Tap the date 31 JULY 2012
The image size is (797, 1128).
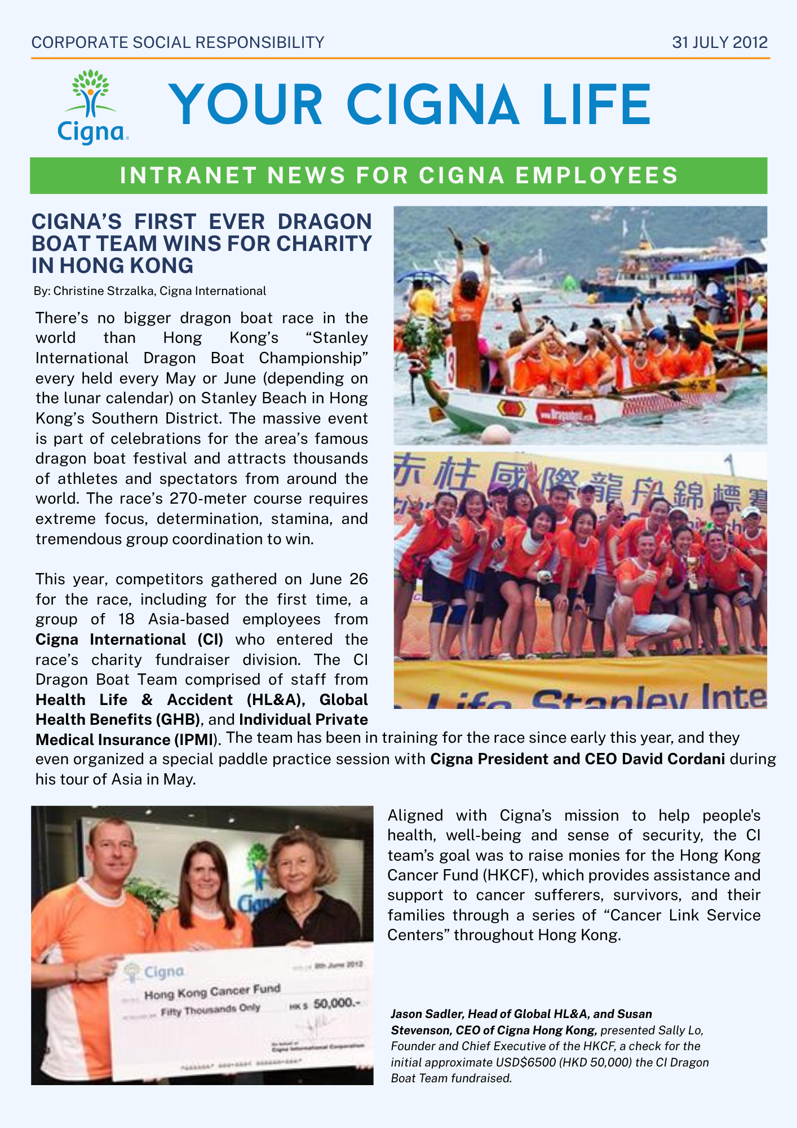720,43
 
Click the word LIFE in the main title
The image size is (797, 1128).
596,105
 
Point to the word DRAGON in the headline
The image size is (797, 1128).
325,222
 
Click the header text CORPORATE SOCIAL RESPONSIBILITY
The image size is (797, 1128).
178,43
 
